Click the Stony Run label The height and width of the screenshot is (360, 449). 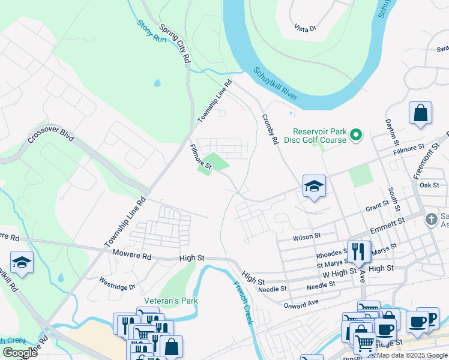point(151,31)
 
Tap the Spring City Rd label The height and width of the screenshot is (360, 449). point(175,45)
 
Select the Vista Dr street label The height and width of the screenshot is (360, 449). point(305,28)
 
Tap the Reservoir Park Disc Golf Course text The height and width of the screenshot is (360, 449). point(319,136)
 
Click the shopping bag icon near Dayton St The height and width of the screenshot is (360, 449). point(421,113)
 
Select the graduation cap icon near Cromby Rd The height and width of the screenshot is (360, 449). point(313,187)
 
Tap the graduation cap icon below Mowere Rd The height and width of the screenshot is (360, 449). point(21,262)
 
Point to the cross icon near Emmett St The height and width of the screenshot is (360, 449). point(430,219)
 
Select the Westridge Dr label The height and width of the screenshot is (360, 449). point(118,283)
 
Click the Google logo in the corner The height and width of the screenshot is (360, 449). point(20,352)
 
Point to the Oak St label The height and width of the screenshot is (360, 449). point(430,185)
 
